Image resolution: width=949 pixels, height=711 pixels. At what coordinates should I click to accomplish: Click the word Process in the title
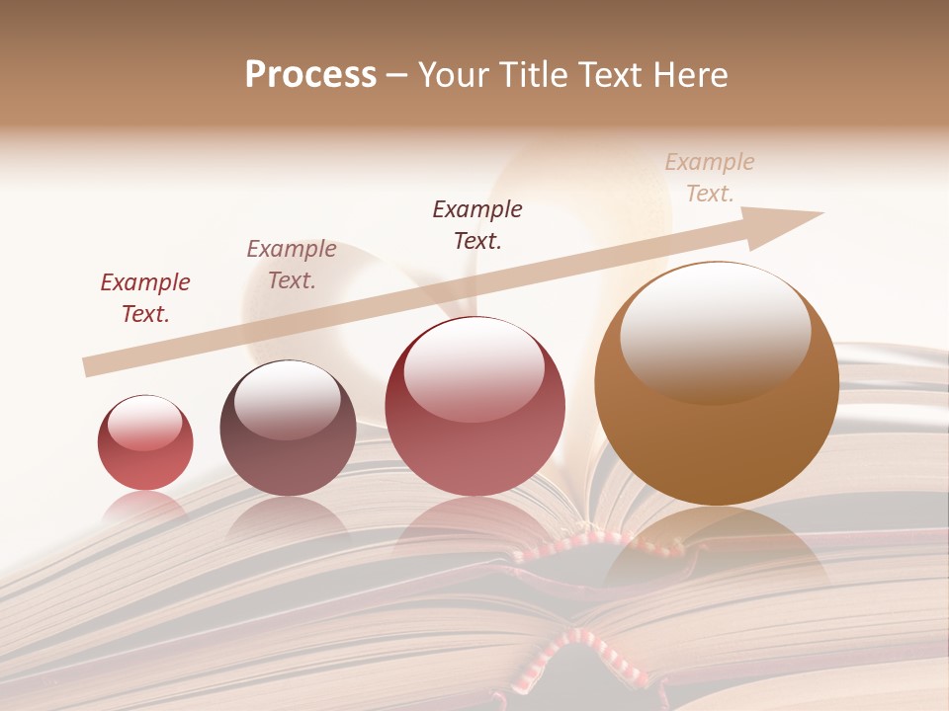point(310,75)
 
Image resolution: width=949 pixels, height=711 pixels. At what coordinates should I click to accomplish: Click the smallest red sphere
point(145,442)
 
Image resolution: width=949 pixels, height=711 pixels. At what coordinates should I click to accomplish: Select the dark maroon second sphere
point(288,429)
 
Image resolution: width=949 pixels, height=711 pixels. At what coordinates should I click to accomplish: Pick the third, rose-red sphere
point(474,407)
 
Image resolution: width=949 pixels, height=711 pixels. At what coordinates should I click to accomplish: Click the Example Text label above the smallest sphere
point(145,298)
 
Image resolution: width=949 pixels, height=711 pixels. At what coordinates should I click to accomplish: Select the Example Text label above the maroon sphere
point(292,265)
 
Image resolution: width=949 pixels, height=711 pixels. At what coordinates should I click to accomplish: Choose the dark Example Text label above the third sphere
point(477,225)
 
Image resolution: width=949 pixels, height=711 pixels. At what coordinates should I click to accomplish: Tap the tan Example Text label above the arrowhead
point(710,178)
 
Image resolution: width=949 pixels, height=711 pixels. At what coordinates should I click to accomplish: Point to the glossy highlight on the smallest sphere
point(145,423)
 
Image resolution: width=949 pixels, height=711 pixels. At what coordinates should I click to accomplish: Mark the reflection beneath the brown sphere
point(717,553)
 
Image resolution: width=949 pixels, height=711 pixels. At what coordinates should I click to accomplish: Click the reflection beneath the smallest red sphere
point(145,508)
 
